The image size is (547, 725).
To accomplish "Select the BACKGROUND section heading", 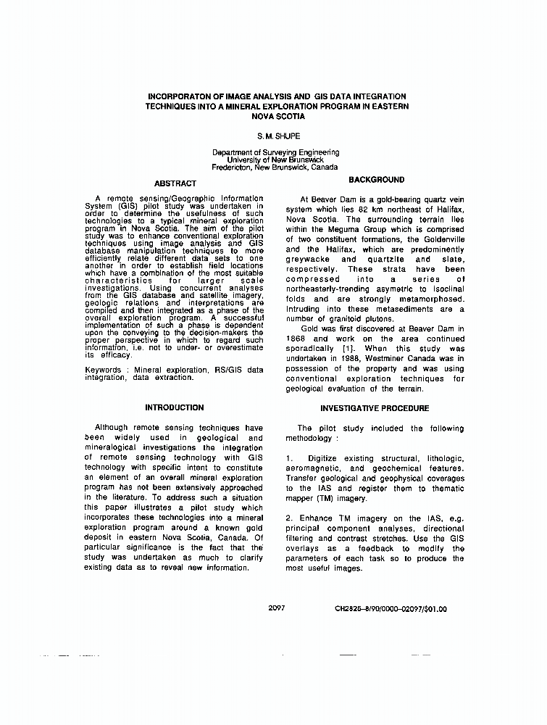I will click(377, 179).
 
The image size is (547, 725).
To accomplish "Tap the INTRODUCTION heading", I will click(174, 408).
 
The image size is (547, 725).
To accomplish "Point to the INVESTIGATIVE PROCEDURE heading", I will click(375, 408).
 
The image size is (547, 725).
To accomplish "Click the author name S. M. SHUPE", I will click(275, 136).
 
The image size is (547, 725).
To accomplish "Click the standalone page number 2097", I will click(275, 608).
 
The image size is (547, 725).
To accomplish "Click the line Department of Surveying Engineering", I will click(275, 152).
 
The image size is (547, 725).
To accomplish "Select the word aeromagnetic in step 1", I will click(312, 468).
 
